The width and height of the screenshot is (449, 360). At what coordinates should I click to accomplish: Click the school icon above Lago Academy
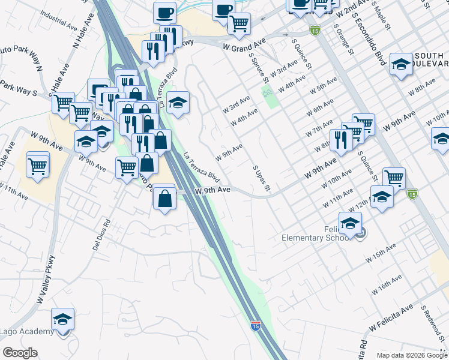[62, 319]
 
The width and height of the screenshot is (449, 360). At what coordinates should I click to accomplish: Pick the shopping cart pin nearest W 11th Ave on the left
[38, 164]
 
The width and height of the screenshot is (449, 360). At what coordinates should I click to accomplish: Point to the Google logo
[20, 353]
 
